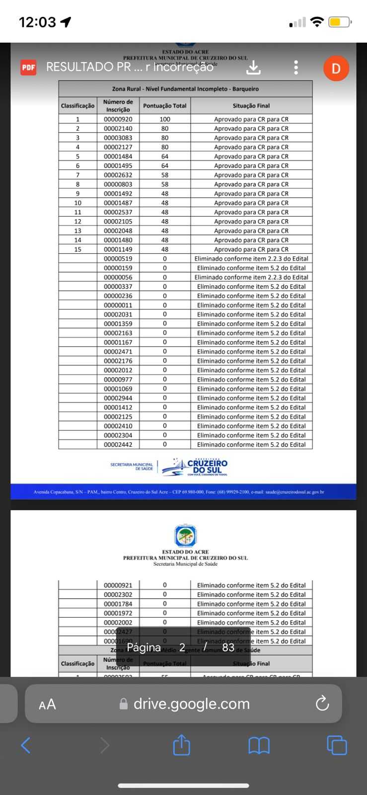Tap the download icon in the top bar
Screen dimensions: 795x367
(x=253, y=67)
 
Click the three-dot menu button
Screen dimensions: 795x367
(x=296, y=67)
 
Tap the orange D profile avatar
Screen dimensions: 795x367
(x=336, y=68)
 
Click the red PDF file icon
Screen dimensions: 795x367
(x=28, y=67)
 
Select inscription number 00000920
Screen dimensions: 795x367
(x=118, y=119)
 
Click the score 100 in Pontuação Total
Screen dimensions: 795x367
(x=165, y=119)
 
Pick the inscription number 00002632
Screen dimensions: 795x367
(x=118, y=175)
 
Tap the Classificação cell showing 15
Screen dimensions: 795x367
(x=77, y=249)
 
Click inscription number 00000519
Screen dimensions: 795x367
(x=118, y=258)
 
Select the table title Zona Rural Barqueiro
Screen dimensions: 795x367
(x=185, y=89)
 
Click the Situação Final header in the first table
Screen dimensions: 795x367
(x=251, y=106)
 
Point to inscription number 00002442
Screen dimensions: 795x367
(x=118, y=445)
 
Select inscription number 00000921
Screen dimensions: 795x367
(x=118, y=585)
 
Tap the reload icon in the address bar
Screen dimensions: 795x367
(x=322, y=704)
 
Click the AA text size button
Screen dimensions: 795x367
(x=47, y=704)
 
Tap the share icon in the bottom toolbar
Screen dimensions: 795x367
(x=181, y=745)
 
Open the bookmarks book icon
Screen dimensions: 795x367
(x=259, y=745)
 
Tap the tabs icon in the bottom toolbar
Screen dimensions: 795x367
(x=337, y=745)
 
